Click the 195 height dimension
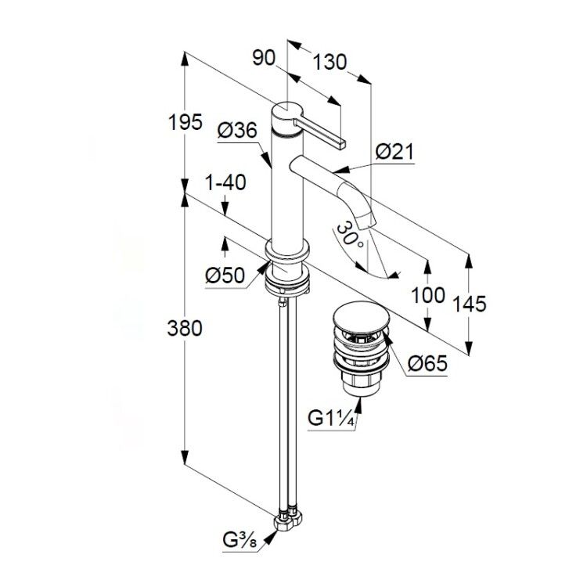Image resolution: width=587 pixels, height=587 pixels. (185, 121)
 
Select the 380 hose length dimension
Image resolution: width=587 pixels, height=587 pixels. (185, 328)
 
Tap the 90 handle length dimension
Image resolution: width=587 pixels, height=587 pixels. (264, 58)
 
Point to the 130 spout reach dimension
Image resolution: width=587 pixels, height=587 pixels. (330, 62)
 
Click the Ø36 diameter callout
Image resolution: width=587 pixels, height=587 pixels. (238, 131)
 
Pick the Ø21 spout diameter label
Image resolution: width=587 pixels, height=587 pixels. (395, 152)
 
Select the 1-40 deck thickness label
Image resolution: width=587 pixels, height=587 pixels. (225, 182)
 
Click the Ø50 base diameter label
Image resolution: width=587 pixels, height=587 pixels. (225, 276)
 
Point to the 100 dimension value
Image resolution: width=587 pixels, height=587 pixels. (428, 295)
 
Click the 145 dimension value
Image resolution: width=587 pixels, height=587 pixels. (470, 304)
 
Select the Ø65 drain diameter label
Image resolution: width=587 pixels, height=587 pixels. (427, 363)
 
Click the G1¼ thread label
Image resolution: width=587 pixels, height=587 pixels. (331, 418)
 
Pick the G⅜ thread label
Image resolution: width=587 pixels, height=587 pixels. (240, 540)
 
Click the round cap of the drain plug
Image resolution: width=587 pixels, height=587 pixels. (361, 317)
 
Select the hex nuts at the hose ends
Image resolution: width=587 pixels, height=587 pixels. (288, 518)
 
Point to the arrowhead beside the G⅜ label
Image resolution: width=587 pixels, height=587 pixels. (271, 538)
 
